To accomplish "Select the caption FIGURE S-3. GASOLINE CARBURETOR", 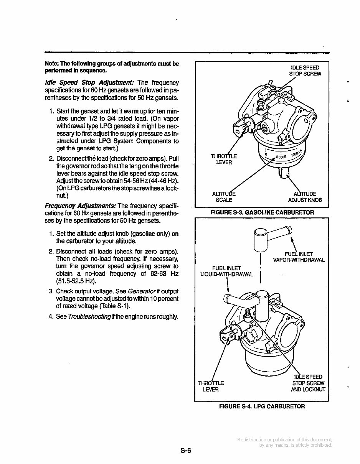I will coord(262,212).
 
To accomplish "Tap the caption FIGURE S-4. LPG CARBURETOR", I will coord(262,406).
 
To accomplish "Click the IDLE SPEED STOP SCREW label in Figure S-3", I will coord(305,71).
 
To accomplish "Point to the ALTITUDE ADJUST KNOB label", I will coord(305,197).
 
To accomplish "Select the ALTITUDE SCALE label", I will coord(224,197).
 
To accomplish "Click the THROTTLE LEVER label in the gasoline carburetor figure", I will coord(224,159).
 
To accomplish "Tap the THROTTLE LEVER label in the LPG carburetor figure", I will coord(211,386).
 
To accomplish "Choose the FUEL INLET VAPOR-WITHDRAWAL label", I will coord(299,257).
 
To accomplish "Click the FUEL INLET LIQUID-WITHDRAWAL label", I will coord(226,271).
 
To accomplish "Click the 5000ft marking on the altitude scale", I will coord(281,157).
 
